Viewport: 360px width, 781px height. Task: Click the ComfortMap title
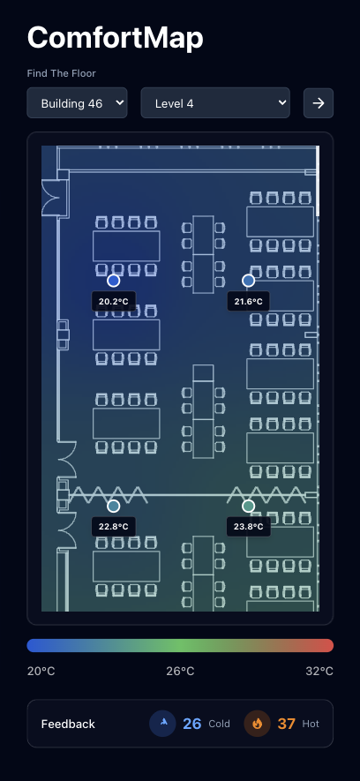(115, 37)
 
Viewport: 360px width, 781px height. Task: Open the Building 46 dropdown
(77, 103)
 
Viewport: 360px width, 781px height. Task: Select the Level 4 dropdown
(215, 103)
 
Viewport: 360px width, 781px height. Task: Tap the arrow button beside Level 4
(319, 103)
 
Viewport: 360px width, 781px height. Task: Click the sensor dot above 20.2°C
(114, 281)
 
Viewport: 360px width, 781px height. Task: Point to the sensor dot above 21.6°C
(249, 281)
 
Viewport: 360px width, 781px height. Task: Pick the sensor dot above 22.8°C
(114, 506)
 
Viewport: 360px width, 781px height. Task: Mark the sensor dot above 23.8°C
(249, 506)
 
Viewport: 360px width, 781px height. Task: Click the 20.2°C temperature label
(114, 301)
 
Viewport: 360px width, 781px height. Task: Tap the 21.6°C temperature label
(249, 301)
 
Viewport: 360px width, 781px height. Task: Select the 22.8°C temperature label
(114, 527)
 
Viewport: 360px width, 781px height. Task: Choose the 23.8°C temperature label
(249, 527)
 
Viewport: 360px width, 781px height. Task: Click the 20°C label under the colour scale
(41, 671)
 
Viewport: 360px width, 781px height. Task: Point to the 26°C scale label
(180, 671)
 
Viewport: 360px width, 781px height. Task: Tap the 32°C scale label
(319, 671)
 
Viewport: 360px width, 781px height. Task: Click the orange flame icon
(257, 724)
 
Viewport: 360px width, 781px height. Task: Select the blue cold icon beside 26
(163, 724)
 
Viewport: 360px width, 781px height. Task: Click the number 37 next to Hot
(286, 724)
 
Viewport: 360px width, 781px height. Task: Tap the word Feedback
(68, 724)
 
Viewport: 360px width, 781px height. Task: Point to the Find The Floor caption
(61, 73)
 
